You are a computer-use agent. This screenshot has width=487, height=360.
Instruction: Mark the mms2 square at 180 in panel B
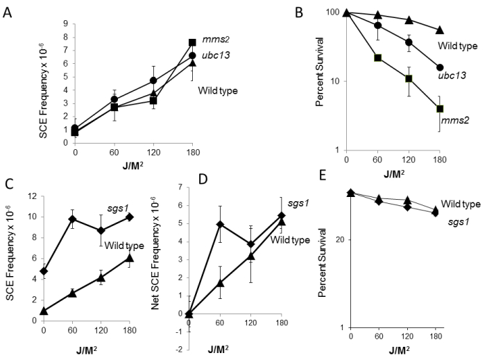click(440, 108)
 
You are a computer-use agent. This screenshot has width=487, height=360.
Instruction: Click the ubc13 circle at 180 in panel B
click(440, 67)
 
